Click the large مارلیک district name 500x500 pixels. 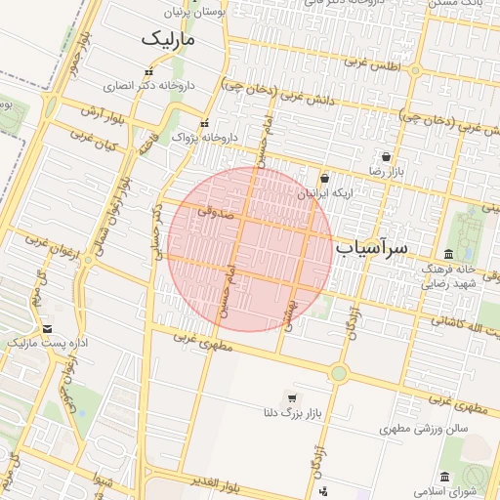pyautogui.click(x=168, y=39)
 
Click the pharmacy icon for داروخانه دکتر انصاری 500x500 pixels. pyautogui.click(x=148, y=72)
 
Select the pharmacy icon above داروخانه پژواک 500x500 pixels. pyautogui.click(x=204, y=124)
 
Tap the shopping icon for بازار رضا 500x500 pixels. pyautogui.click(x=387, y=156)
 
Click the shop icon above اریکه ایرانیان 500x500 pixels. pyautogui.click(x=324, y=178)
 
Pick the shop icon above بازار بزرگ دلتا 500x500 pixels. pyautogui.click(x=291, y=397)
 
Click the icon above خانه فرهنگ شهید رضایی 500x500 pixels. pyautogui.click(x=449, y=255)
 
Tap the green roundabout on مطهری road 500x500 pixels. pyautogui.click(x=339, y=372)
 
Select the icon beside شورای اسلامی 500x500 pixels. pyautogui.click(x=445, y=477)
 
